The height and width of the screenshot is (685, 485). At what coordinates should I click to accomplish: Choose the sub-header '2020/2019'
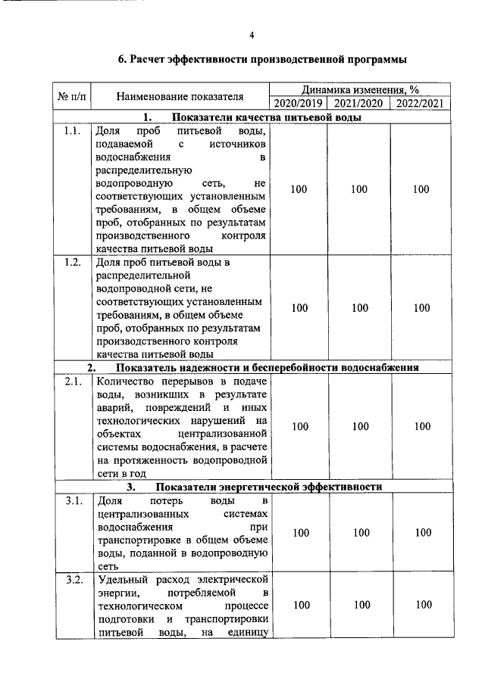click(299, 104)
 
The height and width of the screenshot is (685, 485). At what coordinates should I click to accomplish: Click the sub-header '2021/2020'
click(359, 104)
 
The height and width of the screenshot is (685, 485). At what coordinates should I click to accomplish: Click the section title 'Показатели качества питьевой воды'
click(265, 117)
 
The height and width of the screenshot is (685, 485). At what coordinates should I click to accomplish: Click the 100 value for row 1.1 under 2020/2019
click(299, 189)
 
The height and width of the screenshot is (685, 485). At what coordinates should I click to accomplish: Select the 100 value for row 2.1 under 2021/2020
click(359, 427)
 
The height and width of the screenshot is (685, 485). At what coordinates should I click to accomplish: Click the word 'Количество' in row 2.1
click(123, 381)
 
